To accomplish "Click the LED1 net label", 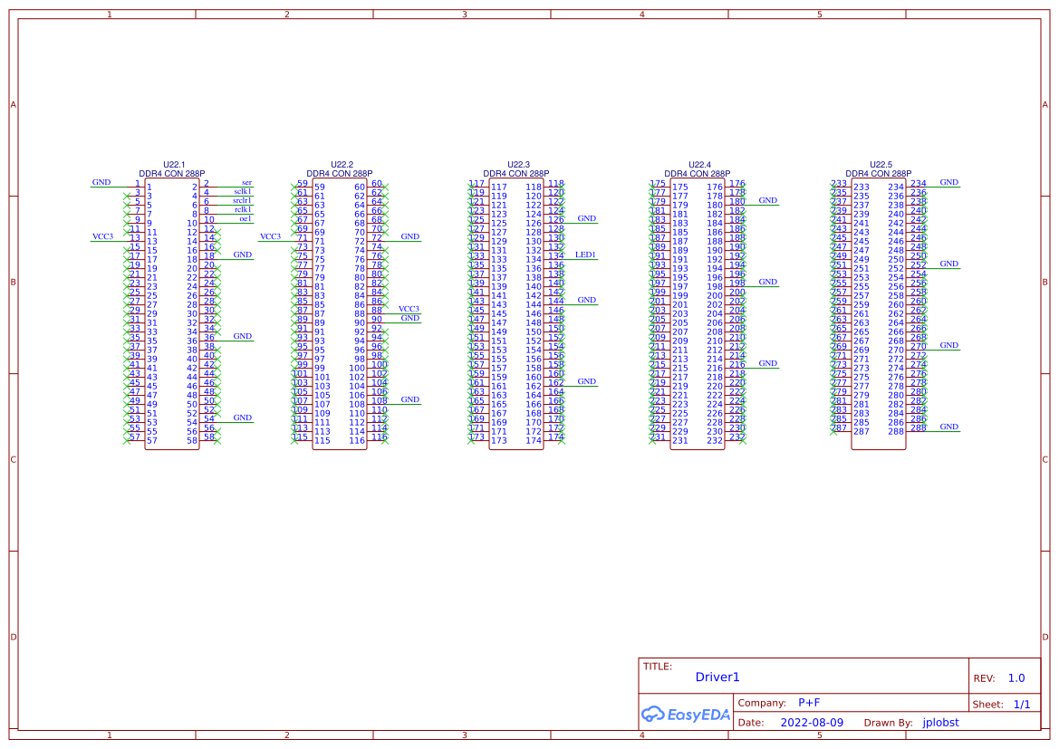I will click(585, 255).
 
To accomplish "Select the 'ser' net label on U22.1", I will click(246, 183).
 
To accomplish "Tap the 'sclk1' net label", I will click(243, 192).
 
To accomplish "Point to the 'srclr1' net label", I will click(242, 201).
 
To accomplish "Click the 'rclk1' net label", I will click(243, 210).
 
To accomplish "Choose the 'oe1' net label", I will click(245, 219).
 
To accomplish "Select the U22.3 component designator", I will click(518, 165).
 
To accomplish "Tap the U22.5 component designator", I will click(881, 165).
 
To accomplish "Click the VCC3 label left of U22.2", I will click(270, 237).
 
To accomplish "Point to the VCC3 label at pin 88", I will click(409, 309).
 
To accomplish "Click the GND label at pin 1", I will click(101, 183).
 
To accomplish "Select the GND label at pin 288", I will click(948, 427).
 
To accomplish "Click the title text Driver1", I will click(717, 677).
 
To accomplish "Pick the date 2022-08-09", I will click(812, 723).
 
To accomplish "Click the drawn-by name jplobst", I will click(940, 723).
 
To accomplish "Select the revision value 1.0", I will click(1016, 678).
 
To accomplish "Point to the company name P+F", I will click(809, 703).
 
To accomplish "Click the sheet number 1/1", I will click(1022, 704).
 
